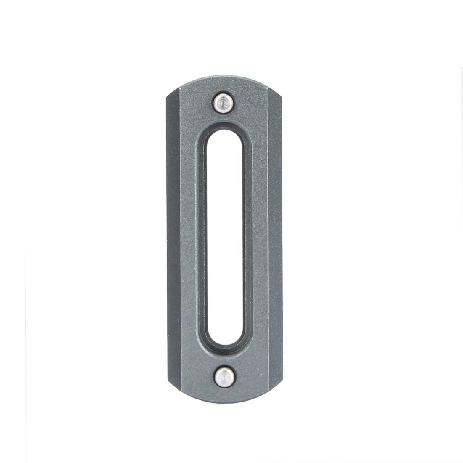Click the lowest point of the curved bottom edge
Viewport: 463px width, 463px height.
click(223, 401)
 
